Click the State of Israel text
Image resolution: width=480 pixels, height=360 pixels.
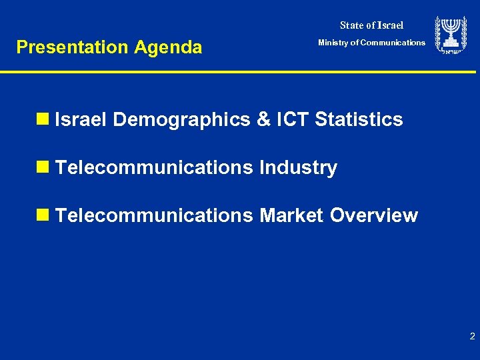[x=371, y=25]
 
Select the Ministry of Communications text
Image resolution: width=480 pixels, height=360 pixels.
[x=371, y=43]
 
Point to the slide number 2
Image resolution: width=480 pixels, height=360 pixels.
[x=472, y=337]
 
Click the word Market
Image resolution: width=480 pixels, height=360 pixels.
[x=291, y=216]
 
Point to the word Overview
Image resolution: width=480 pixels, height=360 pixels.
[x=374, y=216]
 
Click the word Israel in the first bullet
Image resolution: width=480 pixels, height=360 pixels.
[x=81, y=120]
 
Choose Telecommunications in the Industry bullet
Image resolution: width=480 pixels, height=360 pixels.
[x=155, y=168]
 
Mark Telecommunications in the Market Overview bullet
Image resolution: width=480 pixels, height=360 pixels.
[x=155, y=216]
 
